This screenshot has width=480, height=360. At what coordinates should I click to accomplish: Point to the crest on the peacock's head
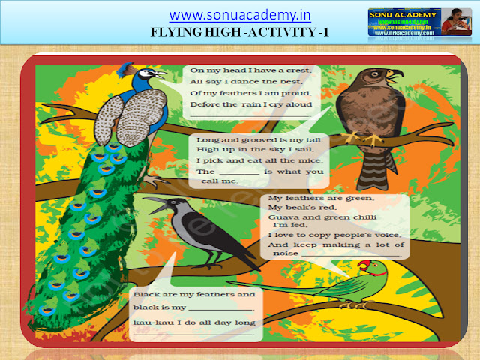129,67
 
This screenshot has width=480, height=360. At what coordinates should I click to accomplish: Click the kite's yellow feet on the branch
361,139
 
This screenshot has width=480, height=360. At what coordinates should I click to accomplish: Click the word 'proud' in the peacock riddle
297,93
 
